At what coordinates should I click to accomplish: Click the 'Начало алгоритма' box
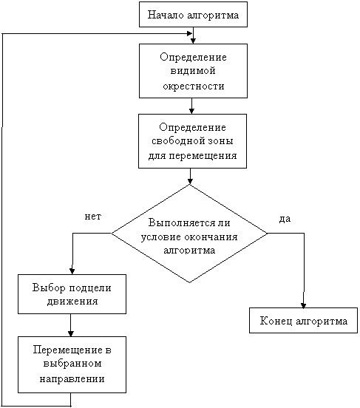pos(193,15)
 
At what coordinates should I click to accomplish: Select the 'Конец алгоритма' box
pos(303,320)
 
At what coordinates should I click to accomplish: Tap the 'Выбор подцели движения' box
pos(72,294)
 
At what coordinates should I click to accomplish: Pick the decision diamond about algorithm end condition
pos(189,234)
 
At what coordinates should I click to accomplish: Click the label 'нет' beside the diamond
pos(93,217)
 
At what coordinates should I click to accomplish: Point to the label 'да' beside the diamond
pos(285,219)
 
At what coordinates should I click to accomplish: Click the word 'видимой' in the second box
pos(193,71)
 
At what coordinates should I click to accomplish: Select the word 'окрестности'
pos(194,86)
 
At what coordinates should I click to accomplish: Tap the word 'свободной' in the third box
pos(175,140)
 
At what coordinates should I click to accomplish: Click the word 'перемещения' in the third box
pos(203,156)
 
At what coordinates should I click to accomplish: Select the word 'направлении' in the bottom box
pos(72,379)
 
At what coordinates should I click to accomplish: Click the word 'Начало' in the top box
pos(166,15)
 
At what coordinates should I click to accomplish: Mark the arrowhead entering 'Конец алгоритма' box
pos(303,305)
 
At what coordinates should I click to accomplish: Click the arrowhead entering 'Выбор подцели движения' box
pos(72,271)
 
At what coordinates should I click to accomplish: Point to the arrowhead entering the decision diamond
pos(190,181)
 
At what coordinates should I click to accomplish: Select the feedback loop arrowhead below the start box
pos(190,33)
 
